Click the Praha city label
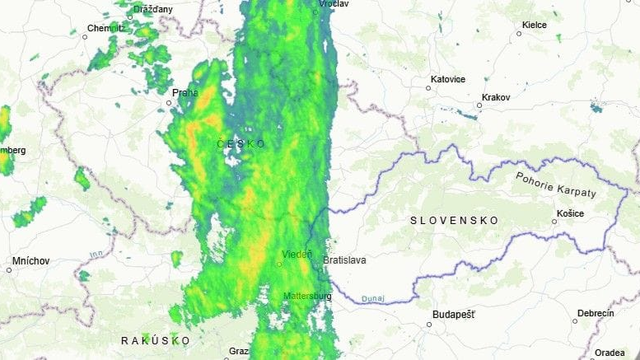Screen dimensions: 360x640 click(x=185, y=93)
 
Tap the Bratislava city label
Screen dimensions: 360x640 click(x=344, y=259)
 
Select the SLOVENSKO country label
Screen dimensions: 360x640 click(x=454, y=219)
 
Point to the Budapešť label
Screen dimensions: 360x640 click(x=453, y=314)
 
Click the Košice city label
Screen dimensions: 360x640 click(x=569, y=214)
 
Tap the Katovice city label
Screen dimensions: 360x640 click(x=447, y=78)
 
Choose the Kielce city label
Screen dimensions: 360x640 click(x=533, y=23)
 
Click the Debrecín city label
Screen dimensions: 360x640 click(x=595, y=313)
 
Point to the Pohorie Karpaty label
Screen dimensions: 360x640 click(x=555, y=184)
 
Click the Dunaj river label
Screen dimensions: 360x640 click(x=375, y=297)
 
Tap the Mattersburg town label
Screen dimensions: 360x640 click(x=307, y=296)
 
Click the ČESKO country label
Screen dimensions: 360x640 click(x=241, y=144)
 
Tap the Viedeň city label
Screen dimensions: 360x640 click(x=297, y=254)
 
